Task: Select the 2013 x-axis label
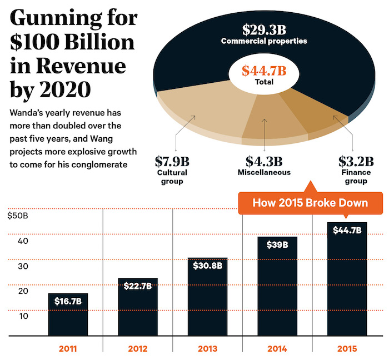[208, 350]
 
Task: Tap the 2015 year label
[347, 350]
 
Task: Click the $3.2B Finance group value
[355, 162]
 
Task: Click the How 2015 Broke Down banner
[310, 203]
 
